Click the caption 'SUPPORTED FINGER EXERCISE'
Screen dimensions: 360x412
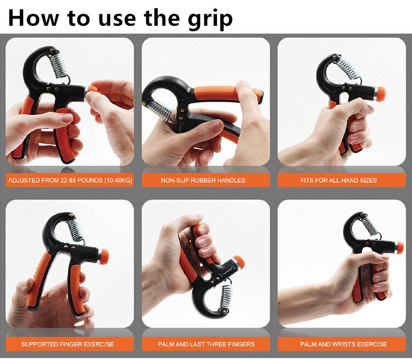(68, 344)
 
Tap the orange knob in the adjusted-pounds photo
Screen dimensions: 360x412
(92, 89)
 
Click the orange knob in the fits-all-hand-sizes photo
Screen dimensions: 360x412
(380, 92)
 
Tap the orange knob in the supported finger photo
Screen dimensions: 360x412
(103, 255)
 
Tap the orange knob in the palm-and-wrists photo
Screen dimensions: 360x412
(399, 248)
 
